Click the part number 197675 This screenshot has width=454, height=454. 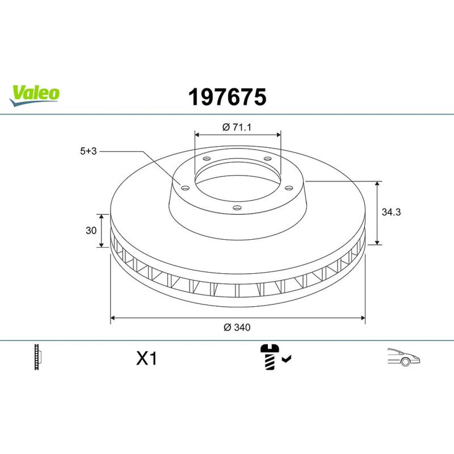click(227, 97)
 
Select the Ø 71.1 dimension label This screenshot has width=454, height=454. click(237, 127)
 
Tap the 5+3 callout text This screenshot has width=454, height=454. click(88, 151)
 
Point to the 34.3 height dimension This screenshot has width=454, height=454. click(391, 212)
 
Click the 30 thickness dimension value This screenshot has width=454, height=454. click(91, 230)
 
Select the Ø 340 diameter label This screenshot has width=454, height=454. click(237, 327)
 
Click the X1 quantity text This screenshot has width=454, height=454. click(147, 358)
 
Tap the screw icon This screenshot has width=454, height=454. click(270, 357)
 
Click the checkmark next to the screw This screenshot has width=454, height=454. click(287, 359)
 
